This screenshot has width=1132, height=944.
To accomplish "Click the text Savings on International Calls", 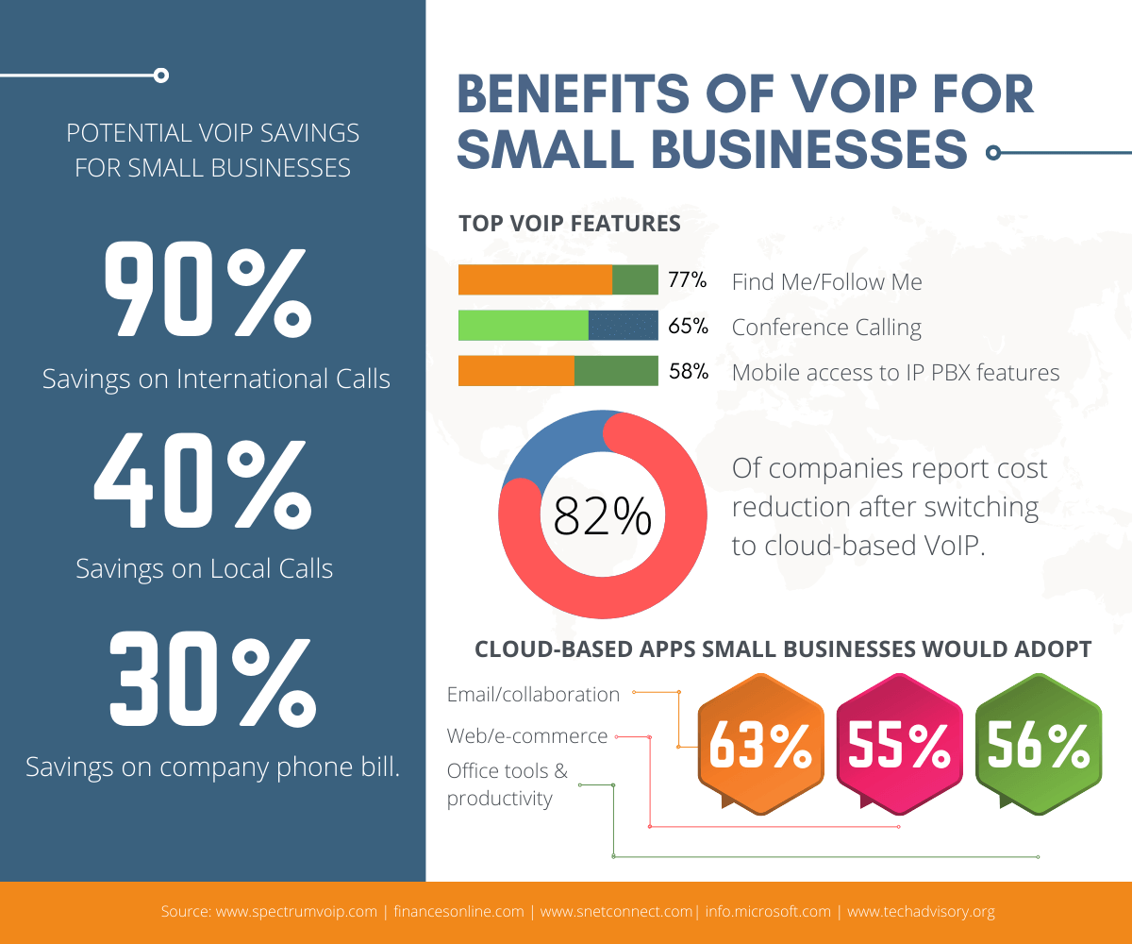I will pos(216,379).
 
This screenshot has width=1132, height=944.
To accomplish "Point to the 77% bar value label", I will pos(688,280).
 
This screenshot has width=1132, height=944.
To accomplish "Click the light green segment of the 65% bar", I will pos(523,326).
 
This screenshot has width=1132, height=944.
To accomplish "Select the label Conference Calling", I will pos(826,328).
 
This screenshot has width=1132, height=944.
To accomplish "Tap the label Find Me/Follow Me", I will pos(826,282).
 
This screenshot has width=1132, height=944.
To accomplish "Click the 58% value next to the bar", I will pos(688,372).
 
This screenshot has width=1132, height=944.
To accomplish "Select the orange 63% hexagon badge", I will pos(760,746).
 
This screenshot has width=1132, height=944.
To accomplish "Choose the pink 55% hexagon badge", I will pos(899,746).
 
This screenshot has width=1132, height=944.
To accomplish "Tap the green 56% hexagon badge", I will pos(1038,746).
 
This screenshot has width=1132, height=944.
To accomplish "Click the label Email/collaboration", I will pos(533,695).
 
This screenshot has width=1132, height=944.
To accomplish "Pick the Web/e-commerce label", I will pos(527,736).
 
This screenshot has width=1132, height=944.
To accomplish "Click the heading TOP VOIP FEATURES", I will pos(569,224).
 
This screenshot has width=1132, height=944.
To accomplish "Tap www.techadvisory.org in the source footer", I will pos(921,912).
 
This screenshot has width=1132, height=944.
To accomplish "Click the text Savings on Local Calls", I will pos(204,569).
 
